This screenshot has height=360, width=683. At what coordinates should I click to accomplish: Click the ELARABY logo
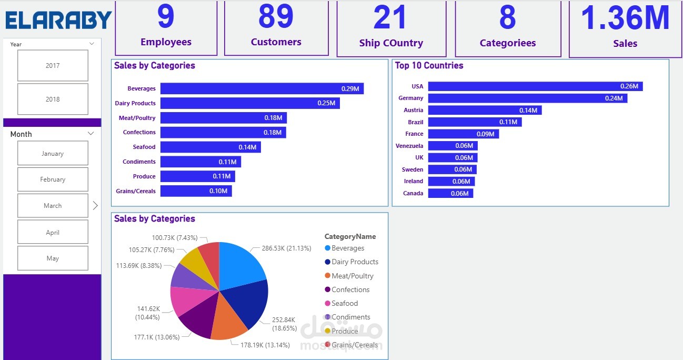point(58,20)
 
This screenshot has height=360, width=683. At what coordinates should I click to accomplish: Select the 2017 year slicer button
point(53,66)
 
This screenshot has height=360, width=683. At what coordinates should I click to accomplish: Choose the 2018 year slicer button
point(53,99)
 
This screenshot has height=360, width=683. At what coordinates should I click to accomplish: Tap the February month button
point(53,179)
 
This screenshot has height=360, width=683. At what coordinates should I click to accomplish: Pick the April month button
point(53,232)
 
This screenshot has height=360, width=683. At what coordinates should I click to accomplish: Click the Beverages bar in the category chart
point(262,89)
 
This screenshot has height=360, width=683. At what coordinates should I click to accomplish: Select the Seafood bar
point(210,147)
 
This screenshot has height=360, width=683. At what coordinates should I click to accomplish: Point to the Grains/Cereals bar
point(196,191)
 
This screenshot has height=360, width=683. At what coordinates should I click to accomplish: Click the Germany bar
point(527,98)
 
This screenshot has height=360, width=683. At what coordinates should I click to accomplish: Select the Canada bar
point(450,194)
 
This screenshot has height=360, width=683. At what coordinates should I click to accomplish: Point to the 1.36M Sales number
point(625,18)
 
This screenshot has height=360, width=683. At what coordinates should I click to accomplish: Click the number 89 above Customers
point(276,17)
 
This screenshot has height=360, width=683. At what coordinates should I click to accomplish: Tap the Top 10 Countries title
point(429,66)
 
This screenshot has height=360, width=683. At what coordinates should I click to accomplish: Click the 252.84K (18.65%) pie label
point(284,324)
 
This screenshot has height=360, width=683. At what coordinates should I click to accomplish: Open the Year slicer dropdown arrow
point(92,44)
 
